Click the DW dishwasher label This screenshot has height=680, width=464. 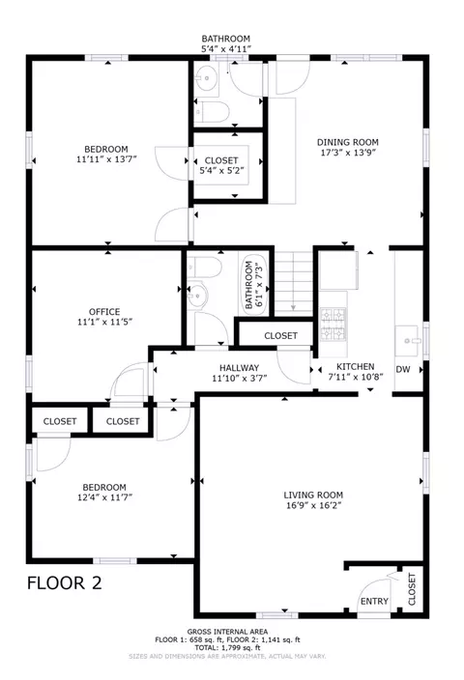coord(403,370)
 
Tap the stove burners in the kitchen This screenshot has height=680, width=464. coord(333,325)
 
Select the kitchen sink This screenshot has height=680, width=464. coord(407,340)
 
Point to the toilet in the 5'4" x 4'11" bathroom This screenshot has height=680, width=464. coord(213,112)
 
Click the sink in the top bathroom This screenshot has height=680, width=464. coord(207,79)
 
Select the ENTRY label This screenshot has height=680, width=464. coord(374,601)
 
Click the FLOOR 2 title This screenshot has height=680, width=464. coord(64,582)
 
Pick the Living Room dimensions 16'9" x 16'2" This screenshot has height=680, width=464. coord(313,505)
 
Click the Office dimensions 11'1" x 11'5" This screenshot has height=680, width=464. coord(104,322)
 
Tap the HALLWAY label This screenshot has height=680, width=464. coord(239,368)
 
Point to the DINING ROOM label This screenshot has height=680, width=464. coord(348,142)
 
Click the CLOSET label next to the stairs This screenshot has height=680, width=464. coord(281,336)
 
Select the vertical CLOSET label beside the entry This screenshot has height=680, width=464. coord(412,589)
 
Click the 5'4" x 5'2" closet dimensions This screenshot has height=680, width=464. coord(221,170)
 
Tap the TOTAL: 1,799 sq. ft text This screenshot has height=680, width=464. coord(227,647)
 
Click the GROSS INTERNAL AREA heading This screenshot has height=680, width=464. coord(227,632)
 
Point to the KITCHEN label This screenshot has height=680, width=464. coord(356,366)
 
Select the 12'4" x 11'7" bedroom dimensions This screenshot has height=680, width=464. coord(104,497)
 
